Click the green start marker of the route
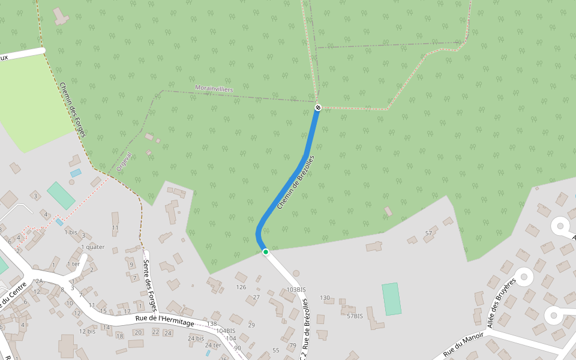coord(265,252)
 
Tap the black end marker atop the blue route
coord(318,107)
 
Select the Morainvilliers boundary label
coord(214,89)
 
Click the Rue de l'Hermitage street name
coord(165,320)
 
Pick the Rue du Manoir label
coord(464,345)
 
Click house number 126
coord(241,287)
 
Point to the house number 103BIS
coord(296,289)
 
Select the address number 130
coord(325,298)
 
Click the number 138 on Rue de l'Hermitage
coord(211,324)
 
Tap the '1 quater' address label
coord(92,247)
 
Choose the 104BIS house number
coord(226,331)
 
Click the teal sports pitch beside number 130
coord(391,298)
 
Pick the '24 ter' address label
coord(212,345)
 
